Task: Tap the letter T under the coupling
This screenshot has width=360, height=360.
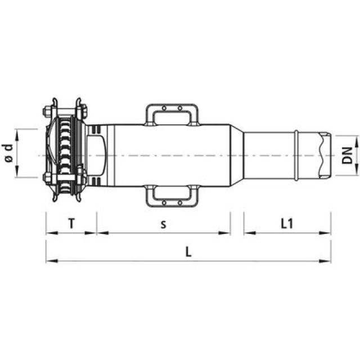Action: pyautogui.click(x=71, y=223)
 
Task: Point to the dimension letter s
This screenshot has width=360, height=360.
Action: pyautogui.click(x=163, y=224)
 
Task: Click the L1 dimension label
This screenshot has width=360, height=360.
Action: pyautogui.click(x=286, y=223)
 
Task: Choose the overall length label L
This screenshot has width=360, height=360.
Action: pyautogui.click(x=188, y=252)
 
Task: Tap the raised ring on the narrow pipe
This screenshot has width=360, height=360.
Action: pyautogui.click(x=296, y=154)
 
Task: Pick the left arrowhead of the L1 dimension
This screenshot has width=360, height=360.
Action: pyautogui.click(x=248, y=232)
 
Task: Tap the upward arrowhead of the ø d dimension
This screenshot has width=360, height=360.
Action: pyautogui.click(x=19, y=133)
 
